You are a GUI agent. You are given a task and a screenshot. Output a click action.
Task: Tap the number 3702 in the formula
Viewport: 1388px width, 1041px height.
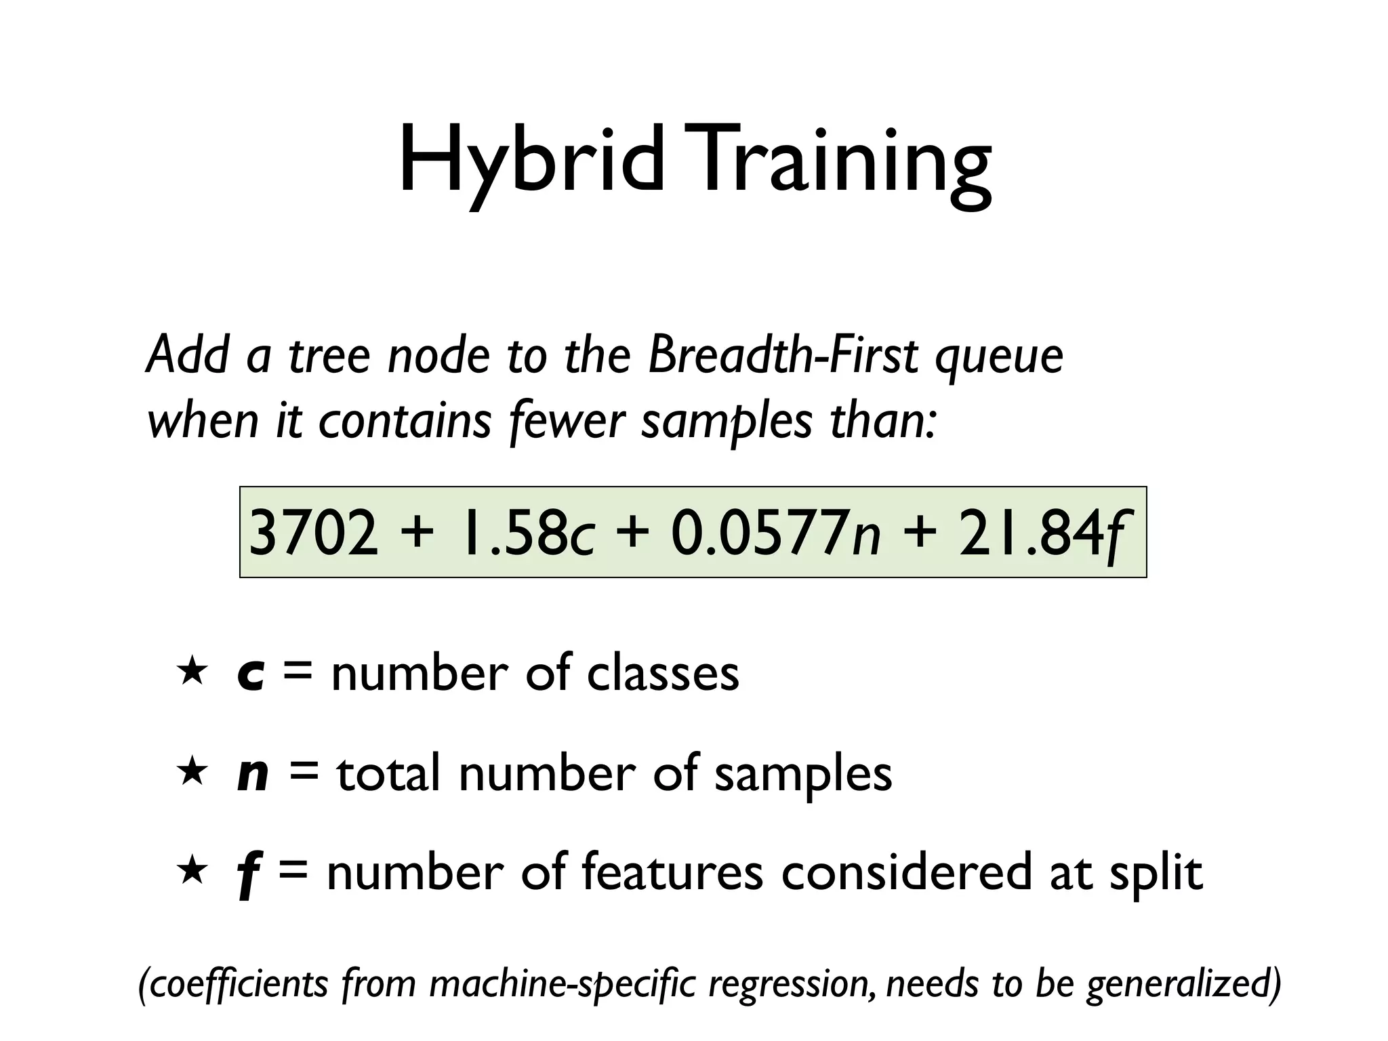pos(313,533)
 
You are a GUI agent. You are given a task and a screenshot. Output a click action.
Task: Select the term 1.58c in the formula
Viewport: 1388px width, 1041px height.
pos(526,533)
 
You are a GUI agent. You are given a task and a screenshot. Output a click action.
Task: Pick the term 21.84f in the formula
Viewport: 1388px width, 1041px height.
pos(1044,533)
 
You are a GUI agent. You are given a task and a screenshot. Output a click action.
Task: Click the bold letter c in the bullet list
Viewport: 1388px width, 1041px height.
pos(251,675)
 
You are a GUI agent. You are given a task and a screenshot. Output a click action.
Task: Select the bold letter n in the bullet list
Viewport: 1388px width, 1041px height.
pos(253,775)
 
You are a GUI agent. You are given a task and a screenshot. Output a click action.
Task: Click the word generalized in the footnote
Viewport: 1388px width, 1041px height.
pos(1183,984)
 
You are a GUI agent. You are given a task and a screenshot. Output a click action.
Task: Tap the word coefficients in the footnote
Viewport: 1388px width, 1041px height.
pos(237,984)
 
